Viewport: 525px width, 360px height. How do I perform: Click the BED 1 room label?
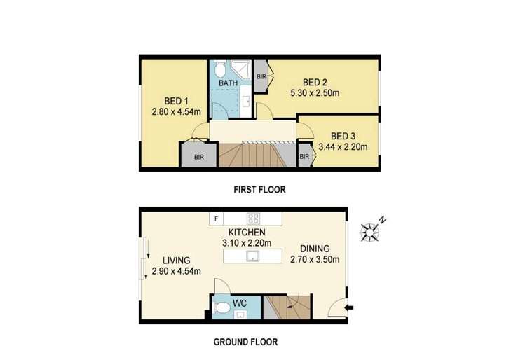pyautogui.click(x=165, y=99)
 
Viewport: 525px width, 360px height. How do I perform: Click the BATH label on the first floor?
pyautogui.click(x=229, y=83)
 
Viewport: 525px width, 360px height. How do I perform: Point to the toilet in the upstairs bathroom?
pyautogui.click(x=219, y=69)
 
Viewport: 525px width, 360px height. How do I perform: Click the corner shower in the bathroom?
pyautogui.click(x=243, y=69)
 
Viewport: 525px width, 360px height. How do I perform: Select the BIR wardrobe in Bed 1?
pyautogui.click(x=198, y=157)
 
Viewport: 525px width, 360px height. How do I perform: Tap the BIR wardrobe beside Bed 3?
pyautogui.click(x=305, y=157)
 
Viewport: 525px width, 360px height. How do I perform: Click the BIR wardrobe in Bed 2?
pyautogui.click(x=261, y=76)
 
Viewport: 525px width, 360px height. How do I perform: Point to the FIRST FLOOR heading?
pyautogui.click(x=259, y=189)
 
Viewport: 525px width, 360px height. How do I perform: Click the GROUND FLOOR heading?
pyautogui.click(x=245, y=342)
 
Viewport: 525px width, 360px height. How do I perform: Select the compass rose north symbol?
pyautogui.click(x=371, y=230)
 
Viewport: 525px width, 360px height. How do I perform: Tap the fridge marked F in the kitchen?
pyautogui.click(x=217, y=219)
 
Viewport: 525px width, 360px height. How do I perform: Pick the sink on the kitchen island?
pyautogui.click(x=250, y=257)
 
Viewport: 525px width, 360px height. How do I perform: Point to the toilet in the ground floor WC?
pyautogui.click(x=221, y=307)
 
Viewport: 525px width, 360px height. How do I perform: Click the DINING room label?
pyautogui.click(x=313, y=248)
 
